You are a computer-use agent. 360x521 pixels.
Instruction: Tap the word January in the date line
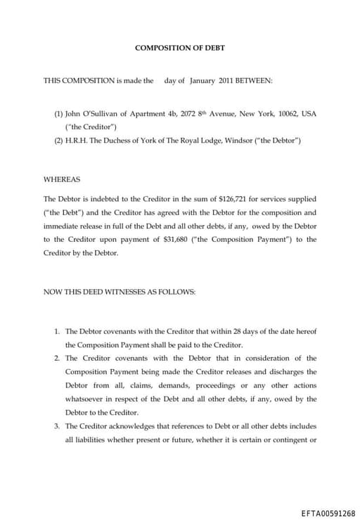[202, 81]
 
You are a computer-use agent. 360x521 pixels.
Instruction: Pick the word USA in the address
[309, 113]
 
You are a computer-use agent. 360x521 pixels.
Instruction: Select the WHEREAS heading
[62, 179]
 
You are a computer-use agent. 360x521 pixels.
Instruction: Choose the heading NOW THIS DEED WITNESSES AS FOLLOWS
[120, 292]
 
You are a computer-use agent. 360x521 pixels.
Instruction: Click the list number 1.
[57, 331]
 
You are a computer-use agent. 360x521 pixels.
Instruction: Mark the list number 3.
[57, 426]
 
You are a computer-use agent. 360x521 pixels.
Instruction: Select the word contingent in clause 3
[292, 440]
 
